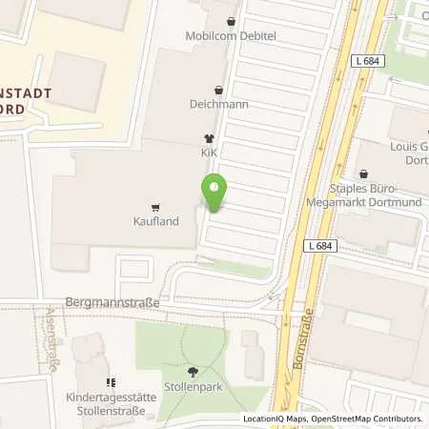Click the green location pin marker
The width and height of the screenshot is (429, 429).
tap(214, 194)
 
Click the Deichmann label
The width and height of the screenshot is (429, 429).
tap(219, 104)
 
